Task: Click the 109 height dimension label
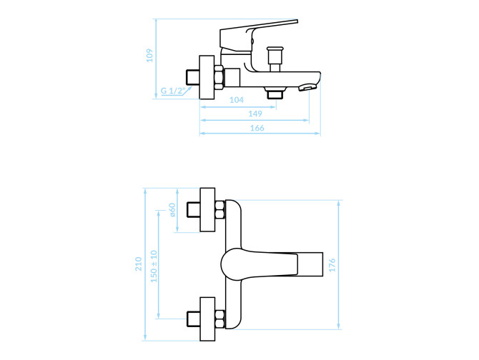149,55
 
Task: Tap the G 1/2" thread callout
173,91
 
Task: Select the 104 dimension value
237,100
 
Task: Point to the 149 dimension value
255,114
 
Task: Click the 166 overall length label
257,128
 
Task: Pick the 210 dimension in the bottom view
139,264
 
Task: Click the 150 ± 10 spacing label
154,266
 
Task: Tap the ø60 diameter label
172,210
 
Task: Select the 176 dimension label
332,265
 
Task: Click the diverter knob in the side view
275,59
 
